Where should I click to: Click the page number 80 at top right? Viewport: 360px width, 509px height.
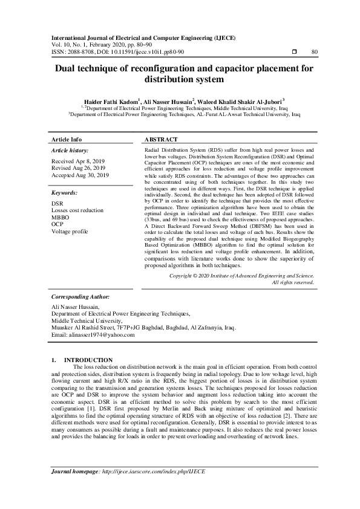click(x=314, y=52)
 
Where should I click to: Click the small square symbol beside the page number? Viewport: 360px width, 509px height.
click(x=293, y=52)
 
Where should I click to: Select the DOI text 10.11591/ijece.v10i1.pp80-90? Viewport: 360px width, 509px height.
click(x=138, y=52)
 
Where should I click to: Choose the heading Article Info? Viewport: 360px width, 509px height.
click(x=67, y=139)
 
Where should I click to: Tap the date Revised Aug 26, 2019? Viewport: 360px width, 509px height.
click(x=79, y=167)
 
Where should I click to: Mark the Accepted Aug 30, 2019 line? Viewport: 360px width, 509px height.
click(x=80, y=175)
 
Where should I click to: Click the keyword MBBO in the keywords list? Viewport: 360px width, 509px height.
click(x=61, y=217)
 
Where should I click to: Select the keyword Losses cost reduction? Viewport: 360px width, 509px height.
click(x=77, y=210)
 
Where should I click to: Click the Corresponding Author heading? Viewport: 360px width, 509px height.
click(x=80, y=297)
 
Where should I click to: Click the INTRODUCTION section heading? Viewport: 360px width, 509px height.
click(x=88, y=360)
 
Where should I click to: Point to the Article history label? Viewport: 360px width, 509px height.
click(x=70, y=150)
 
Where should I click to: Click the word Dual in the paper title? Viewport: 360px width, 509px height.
click(x=68, y=69)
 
